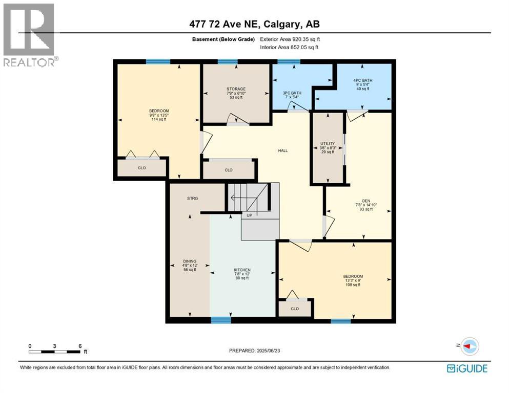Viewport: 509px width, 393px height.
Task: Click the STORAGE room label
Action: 236,89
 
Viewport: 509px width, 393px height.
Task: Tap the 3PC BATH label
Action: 292,93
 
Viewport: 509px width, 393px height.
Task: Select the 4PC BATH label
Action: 363,80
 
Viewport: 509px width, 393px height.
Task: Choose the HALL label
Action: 283,151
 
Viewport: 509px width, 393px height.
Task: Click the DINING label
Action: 190,261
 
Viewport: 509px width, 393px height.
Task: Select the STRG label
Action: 192,198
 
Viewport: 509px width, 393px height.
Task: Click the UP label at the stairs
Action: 250,215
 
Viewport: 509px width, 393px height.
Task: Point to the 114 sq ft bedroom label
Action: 159,111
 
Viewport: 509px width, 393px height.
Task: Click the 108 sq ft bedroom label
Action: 353,277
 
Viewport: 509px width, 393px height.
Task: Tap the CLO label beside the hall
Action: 229,170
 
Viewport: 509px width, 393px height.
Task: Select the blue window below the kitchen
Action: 221,320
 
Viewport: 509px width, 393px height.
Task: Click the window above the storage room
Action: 227,62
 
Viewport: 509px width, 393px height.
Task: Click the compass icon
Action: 470,346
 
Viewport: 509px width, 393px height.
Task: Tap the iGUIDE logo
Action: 467,368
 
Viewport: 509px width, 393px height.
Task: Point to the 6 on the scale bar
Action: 80,345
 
